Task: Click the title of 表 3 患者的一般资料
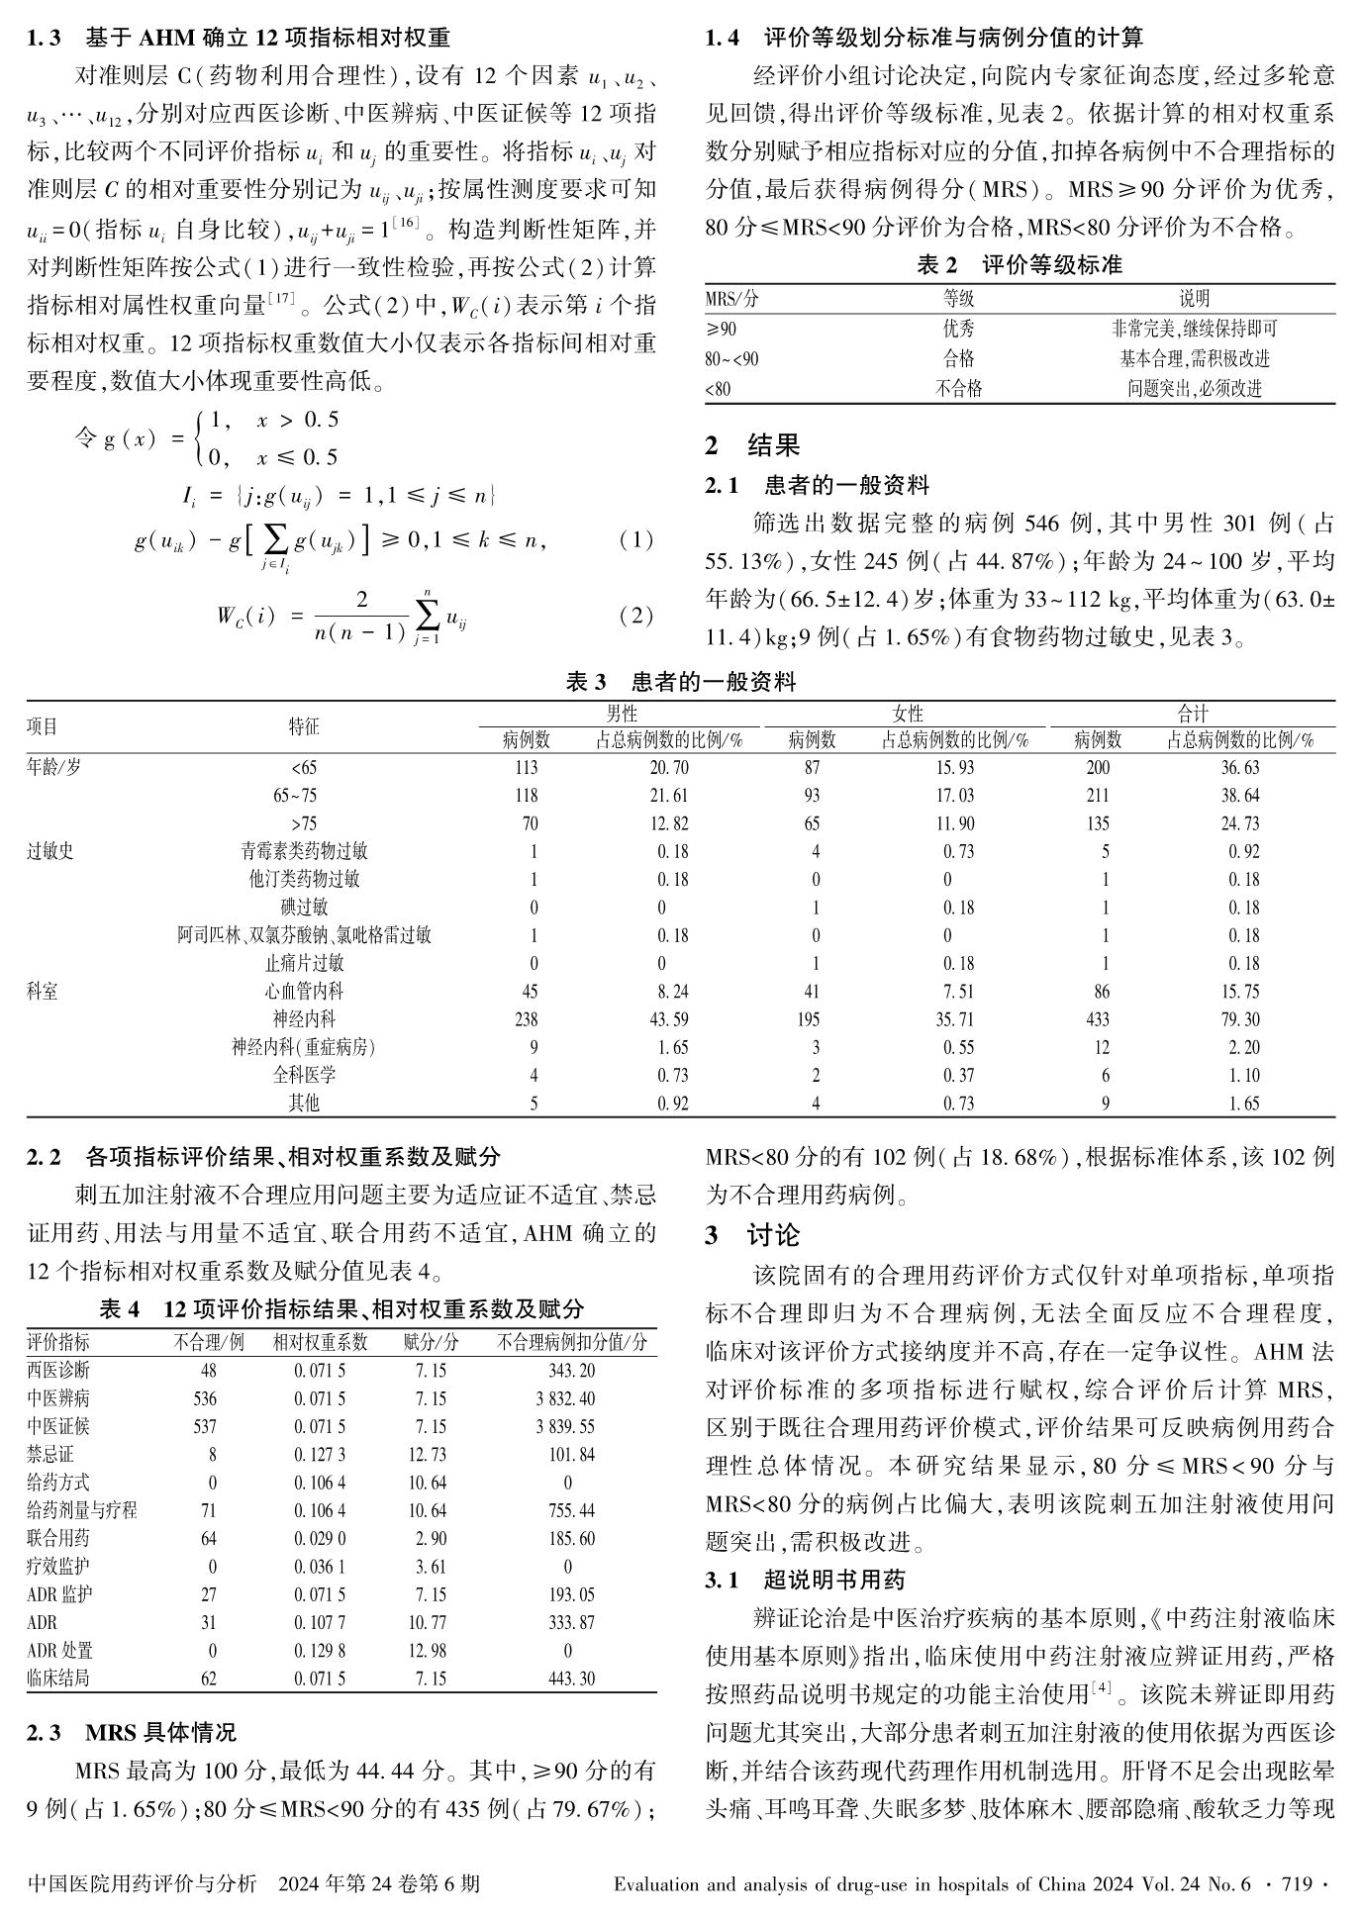click(680, 682)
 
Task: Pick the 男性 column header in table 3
click(622, 714)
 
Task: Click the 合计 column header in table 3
click(1192, 714)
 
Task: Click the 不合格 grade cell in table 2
click(958, 389)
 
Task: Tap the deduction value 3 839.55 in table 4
click(567, 1427)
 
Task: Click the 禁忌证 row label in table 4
click(50, 1455)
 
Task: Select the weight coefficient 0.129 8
click(320, 1651)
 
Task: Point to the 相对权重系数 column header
click(320, 1343)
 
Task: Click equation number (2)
click(635, 616)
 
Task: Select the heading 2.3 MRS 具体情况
click(132, 1733)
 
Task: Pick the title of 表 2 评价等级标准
click(1020, 265)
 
